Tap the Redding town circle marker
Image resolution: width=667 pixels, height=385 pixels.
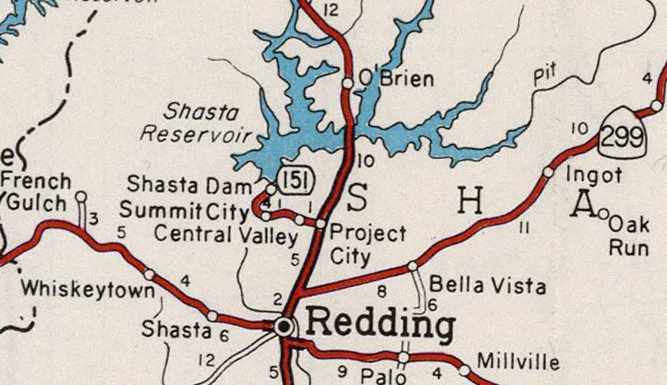284,326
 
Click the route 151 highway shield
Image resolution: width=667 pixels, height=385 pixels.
294,180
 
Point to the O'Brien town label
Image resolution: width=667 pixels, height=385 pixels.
398,79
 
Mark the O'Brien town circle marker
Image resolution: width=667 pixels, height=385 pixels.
348,83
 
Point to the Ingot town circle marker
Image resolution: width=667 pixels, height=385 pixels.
547,173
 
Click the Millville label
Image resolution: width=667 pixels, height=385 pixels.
517,361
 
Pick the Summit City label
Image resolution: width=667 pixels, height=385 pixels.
183,211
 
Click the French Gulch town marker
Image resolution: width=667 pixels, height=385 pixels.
81,196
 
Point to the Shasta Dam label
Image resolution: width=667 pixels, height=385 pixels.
189,185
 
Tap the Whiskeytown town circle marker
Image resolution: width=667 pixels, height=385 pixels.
149,274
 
